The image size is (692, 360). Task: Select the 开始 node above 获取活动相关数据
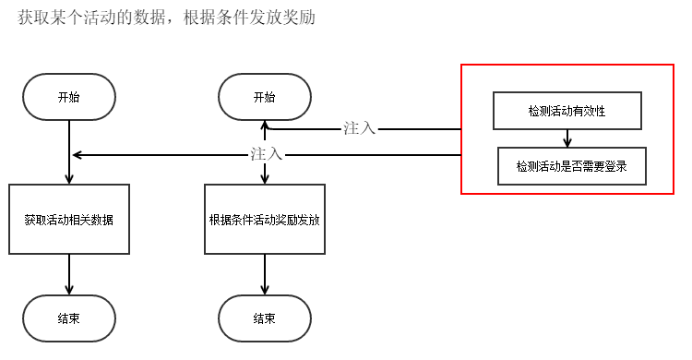click(x=69, y=97)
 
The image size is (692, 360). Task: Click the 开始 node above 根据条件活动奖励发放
click(x=264, y=97)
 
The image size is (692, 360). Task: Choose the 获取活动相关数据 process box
click(x=69, y=220)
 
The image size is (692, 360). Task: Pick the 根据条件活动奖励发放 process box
click(x=264, y=220)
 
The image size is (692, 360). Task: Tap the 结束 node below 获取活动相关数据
click(x=69, y=318)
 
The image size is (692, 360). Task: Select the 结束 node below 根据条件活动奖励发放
click(x=264, y=318)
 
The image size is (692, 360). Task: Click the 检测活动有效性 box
click(x=567, y=111)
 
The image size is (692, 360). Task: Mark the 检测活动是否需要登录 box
click(x=572, y=166)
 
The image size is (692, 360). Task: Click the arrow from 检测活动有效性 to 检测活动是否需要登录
click(x=567, y=138)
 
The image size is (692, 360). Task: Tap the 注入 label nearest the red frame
click(x=360, y=128)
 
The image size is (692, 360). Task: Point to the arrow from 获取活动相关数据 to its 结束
click(x=69, y=274)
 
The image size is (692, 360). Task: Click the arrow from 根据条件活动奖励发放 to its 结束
click(x=264, y=274)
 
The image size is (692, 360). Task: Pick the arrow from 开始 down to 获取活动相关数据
click(x=69, y=152)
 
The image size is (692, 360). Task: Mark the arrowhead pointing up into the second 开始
click(x=264, y=126)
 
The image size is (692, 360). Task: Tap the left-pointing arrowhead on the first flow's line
click(x=78, y=155)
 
